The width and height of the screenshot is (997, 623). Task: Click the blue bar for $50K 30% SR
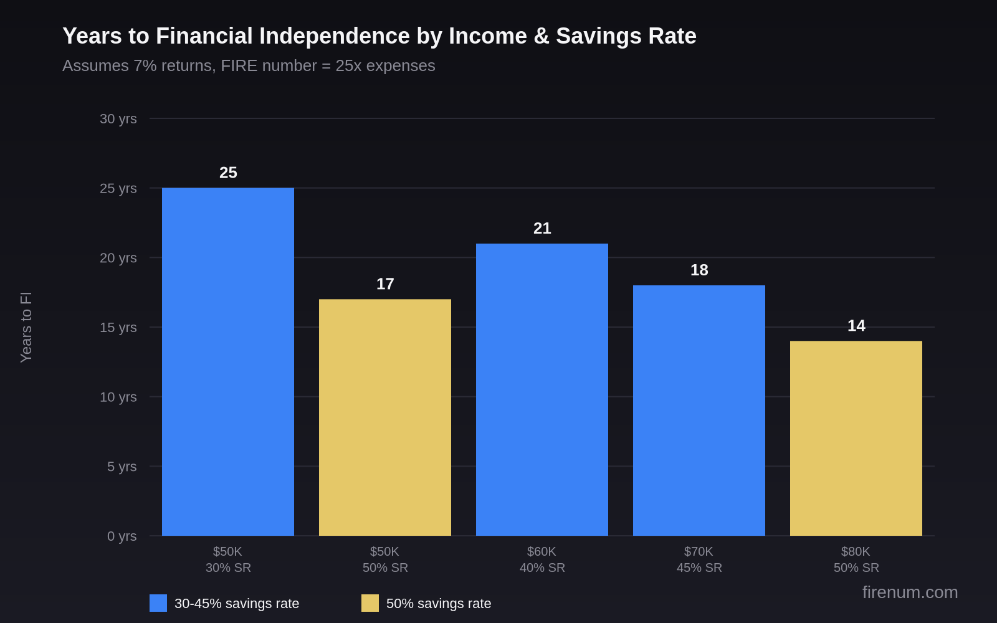(227, 361)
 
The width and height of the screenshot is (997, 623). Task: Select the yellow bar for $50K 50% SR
(384, 417)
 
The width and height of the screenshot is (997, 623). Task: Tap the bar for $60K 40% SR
(541, 389)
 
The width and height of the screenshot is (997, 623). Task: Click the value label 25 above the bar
(228, 173)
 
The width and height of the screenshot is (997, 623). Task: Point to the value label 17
(385, 284)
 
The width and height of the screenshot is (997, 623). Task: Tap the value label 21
(542, 229)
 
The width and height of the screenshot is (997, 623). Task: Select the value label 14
(856, 326)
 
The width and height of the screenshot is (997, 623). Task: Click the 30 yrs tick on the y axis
(118, 118)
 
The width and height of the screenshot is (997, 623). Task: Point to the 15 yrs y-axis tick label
(118, 327)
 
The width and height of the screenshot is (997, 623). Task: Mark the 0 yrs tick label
(122, 536)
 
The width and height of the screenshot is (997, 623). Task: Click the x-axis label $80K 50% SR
(856, 559)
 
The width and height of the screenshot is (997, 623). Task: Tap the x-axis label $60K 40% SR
(541, 559)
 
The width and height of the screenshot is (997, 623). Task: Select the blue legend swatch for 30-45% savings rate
(158, 603)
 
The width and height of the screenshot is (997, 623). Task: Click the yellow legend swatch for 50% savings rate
(370, 603)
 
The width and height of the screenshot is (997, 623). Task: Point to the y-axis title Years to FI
(26, 327)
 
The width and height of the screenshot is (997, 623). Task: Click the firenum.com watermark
(910, 592)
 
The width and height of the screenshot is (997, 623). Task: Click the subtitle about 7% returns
(249, 65)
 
